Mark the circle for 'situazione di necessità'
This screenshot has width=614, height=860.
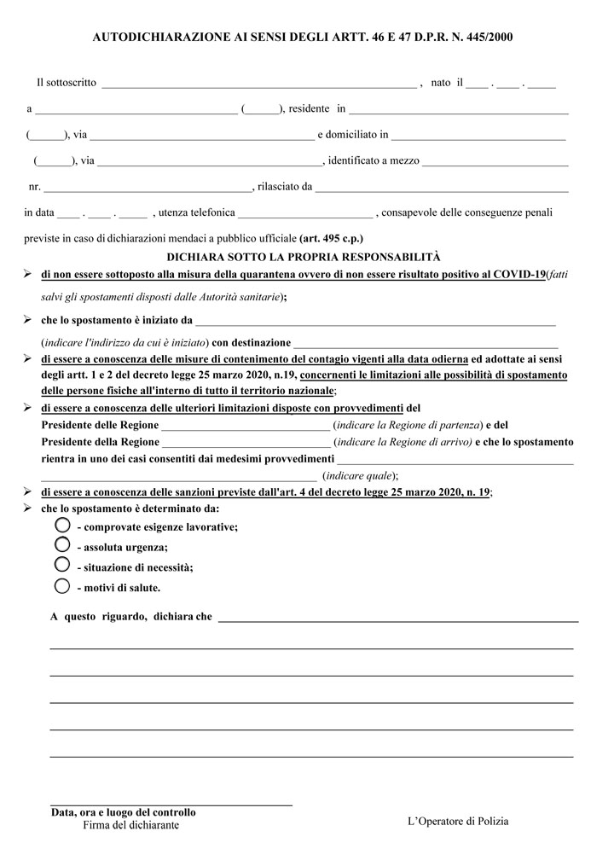[x=61, y=564]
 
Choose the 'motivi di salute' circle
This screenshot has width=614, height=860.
[x=61, y=585]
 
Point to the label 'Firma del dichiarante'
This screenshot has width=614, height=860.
[x=131, y=825]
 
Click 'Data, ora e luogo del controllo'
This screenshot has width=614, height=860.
[x=123, y=812]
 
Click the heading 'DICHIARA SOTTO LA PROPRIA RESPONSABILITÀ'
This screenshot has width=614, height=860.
[x=304, y=256]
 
